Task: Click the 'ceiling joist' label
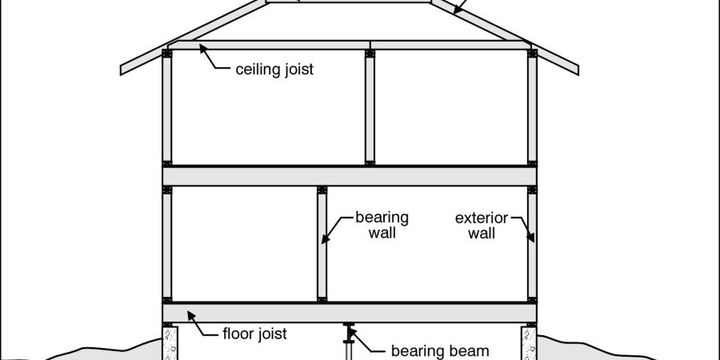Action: click(274, 69)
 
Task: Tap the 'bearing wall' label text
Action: click(382, 226)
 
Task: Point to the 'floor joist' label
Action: click(254, 334)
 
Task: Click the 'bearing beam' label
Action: click(439, 350)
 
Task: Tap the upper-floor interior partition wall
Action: click(370, 108)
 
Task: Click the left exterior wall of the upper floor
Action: click(167, 108)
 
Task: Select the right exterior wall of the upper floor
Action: click(533, 108)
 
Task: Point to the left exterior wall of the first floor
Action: click(167, 244)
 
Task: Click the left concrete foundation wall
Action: click(169, 342)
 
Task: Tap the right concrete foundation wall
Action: click(530, 342)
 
